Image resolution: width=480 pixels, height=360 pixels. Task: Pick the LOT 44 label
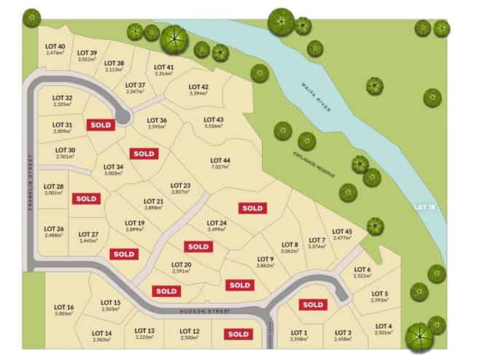[x=220, y=160]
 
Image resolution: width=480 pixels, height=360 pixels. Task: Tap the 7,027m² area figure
[x=220, y=167]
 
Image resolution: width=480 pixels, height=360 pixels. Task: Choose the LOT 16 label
[x=64, y=307]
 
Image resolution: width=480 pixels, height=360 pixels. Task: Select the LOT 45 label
[x=341, y=231]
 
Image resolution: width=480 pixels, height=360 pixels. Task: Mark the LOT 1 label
[x=300, y=333]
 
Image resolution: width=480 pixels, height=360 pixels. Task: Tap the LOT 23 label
[x=180, y=185]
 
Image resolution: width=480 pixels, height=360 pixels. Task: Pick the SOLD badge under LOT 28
[x=86, y=198]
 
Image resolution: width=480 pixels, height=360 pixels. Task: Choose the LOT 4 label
[x=384, y=326]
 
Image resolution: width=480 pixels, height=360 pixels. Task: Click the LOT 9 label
[x=266, y=259]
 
